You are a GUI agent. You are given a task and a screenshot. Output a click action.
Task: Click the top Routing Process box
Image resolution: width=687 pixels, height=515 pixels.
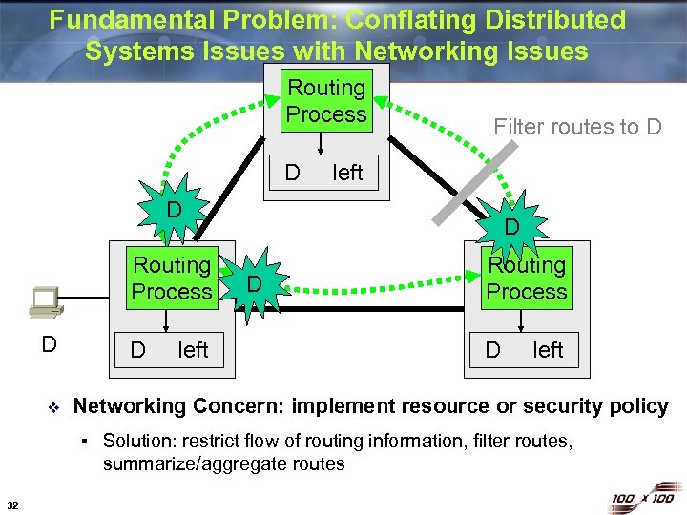[326, 101]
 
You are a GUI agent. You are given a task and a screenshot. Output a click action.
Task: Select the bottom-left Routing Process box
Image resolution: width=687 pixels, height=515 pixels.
[172, 278]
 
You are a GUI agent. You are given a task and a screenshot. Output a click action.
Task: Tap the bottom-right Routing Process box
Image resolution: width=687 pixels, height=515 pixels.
[526, 278]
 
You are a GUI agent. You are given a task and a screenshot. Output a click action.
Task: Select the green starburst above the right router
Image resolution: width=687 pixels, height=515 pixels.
[511, 227]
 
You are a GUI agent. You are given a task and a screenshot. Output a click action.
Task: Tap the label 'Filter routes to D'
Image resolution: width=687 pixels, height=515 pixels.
[576, 127]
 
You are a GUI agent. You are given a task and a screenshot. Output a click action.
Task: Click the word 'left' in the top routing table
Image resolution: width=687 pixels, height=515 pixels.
[347, 173]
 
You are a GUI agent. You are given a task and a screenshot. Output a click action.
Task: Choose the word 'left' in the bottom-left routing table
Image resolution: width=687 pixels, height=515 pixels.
[193, 350]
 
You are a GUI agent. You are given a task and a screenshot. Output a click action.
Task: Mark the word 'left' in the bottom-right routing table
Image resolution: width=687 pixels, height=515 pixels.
[548, 350]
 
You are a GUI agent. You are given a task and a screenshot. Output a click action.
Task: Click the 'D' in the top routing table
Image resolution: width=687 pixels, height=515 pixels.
[293, 173]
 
